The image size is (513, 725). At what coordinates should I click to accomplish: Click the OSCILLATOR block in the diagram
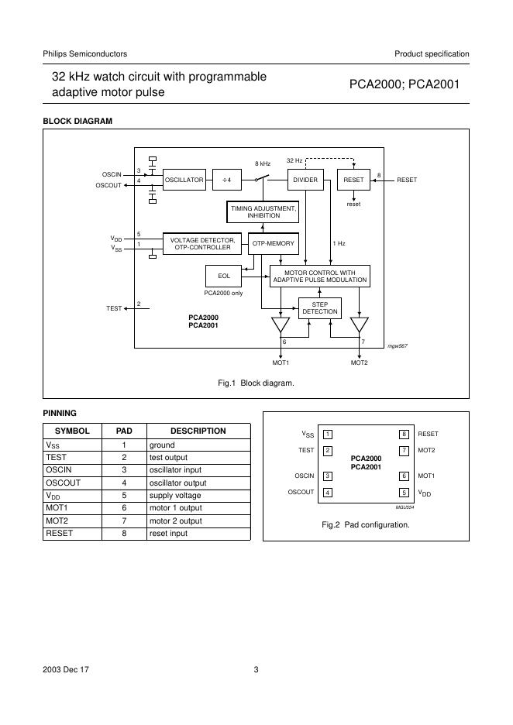click(x=184, y=180)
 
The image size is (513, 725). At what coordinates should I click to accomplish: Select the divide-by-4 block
click(x=227, y=180)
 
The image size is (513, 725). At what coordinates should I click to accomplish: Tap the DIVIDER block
click(x=305, y=180)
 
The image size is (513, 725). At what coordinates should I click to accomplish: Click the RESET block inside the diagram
click(x=353, y=180)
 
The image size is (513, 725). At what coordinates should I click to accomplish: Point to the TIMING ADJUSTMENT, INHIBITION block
click(x=263, y=211)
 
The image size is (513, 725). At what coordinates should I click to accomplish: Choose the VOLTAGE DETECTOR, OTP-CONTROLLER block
click(x=202, y=244)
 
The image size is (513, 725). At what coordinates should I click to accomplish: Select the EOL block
click(x=223, y=276)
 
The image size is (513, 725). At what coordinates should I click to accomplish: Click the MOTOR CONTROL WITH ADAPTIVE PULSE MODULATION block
click(x=319, y=276)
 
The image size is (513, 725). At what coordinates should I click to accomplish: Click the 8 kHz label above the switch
click(x=263, y=163)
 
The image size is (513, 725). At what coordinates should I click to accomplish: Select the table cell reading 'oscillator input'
click(x=198, y=470)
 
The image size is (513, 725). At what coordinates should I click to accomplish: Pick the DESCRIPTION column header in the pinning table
click(x=198, y=431)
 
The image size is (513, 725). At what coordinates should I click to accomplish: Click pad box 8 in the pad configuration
click(x=404, y=435)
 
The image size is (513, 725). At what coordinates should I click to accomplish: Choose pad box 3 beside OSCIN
click(x=328, y=476)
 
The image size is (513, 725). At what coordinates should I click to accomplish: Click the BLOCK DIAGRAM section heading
click(x=77, y=122)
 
